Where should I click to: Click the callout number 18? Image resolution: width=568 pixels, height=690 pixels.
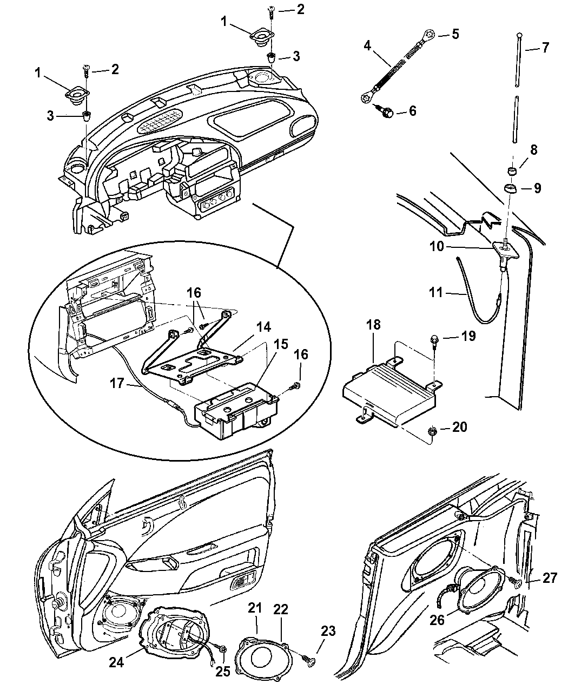(x=373, y=325)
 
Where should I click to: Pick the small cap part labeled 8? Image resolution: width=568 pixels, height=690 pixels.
(x=511, y=172)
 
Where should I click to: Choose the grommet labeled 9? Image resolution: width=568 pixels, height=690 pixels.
(x=510, y=189)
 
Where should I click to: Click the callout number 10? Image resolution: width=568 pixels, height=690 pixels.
(x=437, y=246)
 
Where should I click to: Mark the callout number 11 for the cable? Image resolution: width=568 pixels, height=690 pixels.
(x=436, y=293)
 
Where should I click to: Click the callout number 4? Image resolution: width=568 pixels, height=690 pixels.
(x=367, y=46)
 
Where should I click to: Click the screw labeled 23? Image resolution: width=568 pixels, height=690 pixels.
(x=309, y=659)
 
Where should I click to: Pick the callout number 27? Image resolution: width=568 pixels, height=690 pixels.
(x=550, y=579)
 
